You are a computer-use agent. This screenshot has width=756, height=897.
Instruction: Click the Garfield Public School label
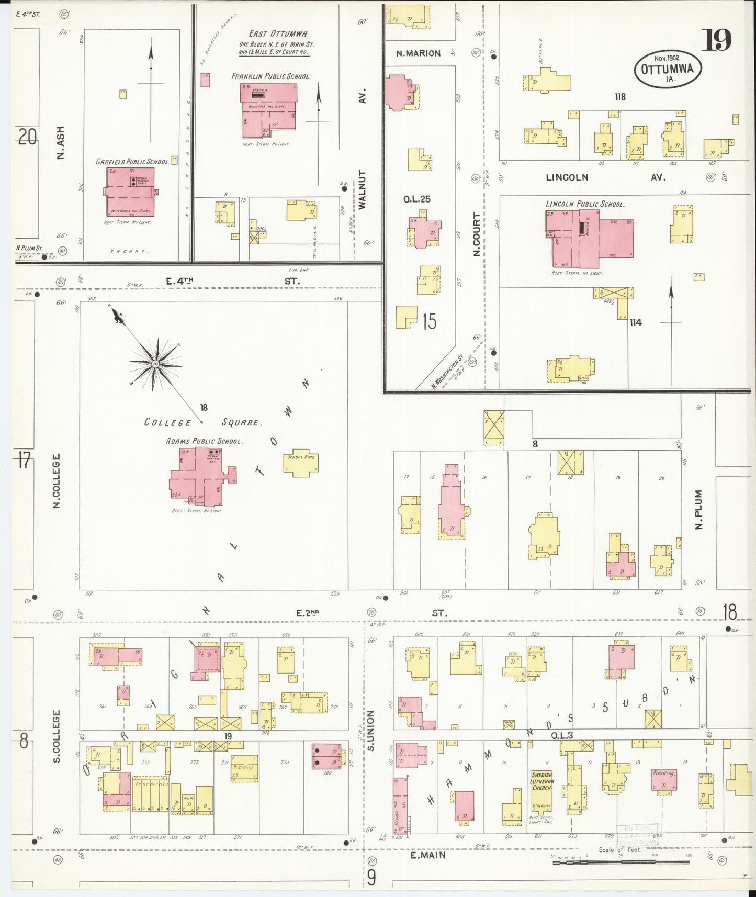[132, 162]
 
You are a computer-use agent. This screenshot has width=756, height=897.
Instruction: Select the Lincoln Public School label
[585, 204]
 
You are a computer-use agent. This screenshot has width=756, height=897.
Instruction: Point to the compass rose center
[155, 363]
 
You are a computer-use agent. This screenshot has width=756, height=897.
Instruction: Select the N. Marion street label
[418, 53]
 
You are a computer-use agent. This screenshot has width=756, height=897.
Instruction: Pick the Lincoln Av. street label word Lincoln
[567, 177]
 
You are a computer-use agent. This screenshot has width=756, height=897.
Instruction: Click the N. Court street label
[477, 234]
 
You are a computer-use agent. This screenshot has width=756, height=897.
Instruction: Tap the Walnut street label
[363, 189]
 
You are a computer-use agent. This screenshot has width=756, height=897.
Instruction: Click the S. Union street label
[370, 731]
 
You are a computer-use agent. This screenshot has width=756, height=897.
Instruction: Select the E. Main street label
[427, 855]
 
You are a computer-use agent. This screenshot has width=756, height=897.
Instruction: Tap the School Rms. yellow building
[301, 462]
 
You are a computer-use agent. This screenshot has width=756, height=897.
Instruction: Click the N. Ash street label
[61, 143]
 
